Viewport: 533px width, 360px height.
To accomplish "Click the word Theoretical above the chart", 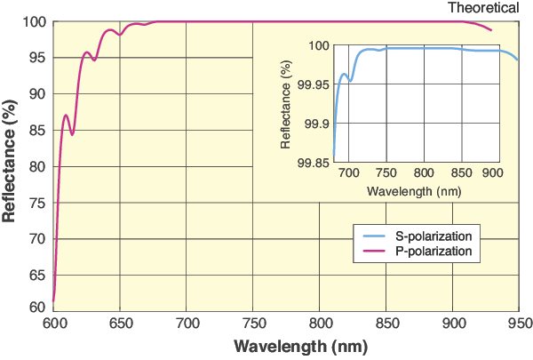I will (482, 8).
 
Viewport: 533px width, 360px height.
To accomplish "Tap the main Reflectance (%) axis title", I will (12, 165).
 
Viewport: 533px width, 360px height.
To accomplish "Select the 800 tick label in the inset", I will (424, 172).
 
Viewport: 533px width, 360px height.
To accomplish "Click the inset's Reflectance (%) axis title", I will (286, 103).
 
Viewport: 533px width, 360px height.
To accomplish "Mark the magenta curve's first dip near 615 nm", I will (73, 134).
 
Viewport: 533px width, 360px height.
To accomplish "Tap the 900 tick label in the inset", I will (493, 172).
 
